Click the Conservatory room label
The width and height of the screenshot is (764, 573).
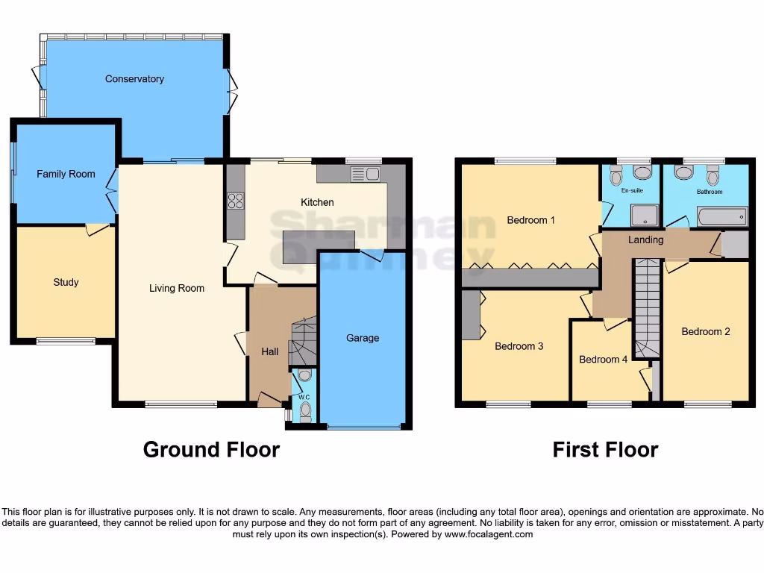[134, 79]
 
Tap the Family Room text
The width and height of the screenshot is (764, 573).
[66, 174]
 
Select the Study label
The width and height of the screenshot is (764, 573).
[66, 282]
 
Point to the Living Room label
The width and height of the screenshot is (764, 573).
[176, 288]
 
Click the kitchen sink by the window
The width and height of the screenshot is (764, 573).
[366, 175]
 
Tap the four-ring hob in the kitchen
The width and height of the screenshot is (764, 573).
[236, 201]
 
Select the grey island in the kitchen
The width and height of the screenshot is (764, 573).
[319, 247]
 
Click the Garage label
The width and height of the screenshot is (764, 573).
[363, 338]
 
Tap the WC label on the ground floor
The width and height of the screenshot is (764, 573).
[304, 397]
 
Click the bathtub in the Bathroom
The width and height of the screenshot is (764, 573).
[721, 217]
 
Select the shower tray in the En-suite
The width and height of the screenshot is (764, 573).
[645, 216]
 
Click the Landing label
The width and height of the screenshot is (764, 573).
[645, 240]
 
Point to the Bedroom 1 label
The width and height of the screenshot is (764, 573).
[530, 220]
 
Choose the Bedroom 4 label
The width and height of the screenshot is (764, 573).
[604, 360]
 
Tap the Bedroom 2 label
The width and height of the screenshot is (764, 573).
[706, 331]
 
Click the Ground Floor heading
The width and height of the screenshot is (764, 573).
[211, 450]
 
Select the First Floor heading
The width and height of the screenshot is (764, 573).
[605, 450]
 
